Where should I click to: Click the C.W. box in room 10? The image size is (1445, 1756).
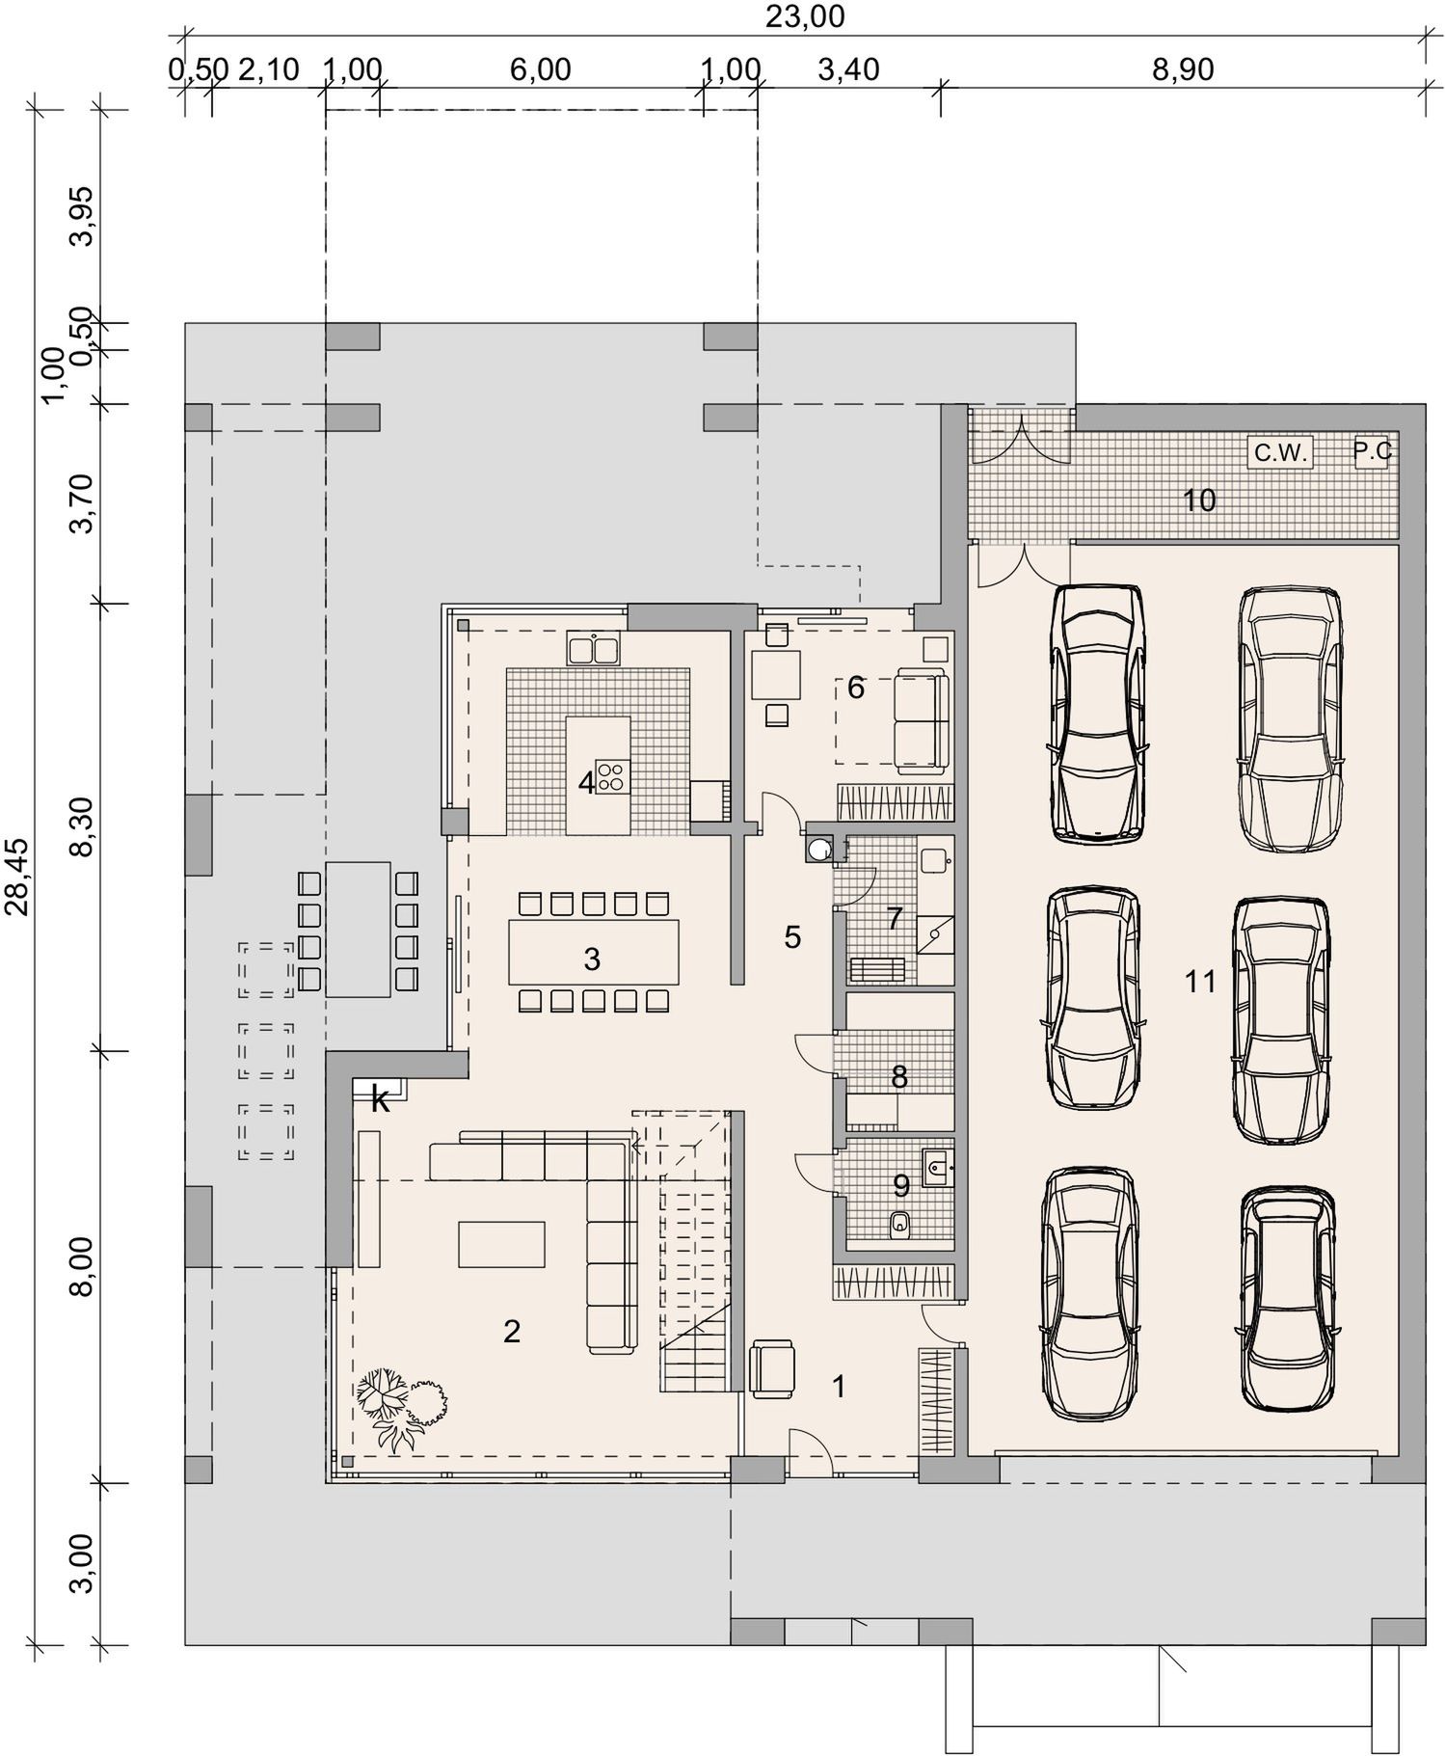point(1280,452)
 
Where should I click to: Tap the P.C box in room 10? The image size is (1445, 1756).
point(1372,451)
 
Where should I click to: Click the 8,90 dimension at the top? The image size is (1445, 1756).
point(1183,69)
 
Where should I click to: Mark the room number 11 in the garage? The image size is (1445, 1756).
point(1201,983)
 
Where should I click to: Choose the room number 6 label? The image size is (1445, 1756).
point(856,688)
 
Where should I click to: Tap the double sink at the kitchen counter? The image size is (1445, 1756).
point(594,648)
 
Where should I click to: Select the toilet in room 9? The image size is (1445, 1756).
point(900,1224)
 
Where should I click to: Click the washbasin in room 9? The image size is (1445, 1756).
point(936,1168)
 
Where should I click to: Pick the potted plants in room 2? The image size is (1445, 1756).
point(401,1407)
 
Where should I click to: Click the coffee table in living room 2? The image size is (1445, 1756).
point(501,1244)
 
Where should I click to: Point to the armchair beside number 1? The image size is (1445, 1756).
point(773,1368)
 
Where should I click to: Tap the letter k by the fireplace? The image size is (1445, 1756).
point(381,1101)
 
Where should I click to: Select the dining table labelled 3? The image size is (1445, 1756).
point(594,951)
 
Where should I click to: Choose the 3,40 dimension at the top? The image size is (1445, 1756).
point(848,69)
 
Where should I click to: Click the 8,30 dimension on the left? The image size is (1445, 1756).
point(83,826)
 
